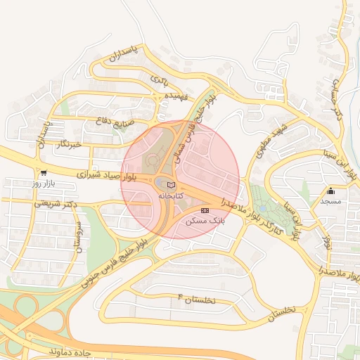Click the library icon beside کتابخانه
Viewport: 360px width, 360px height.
pyautogui.click(x=172, y=185)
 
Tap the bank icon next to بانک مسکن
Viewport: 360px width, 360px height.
pyautogui.click(x=205, y=210)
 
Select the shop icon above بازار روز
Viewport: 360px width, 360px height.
pyautogui.click(x=44, y=173)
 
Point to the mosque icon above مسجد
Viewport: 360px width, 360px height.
pyautogui.click(x=330, y=191)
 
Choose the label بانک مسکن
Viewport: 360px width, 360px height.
pyautogui.click(x=205, y=220)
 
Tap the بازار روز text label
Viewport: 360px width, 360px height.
pyautogui.click(x=44, y=183)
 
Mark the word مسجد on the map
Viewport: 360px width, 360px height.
pyautogui.click(x=330, y=201)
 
